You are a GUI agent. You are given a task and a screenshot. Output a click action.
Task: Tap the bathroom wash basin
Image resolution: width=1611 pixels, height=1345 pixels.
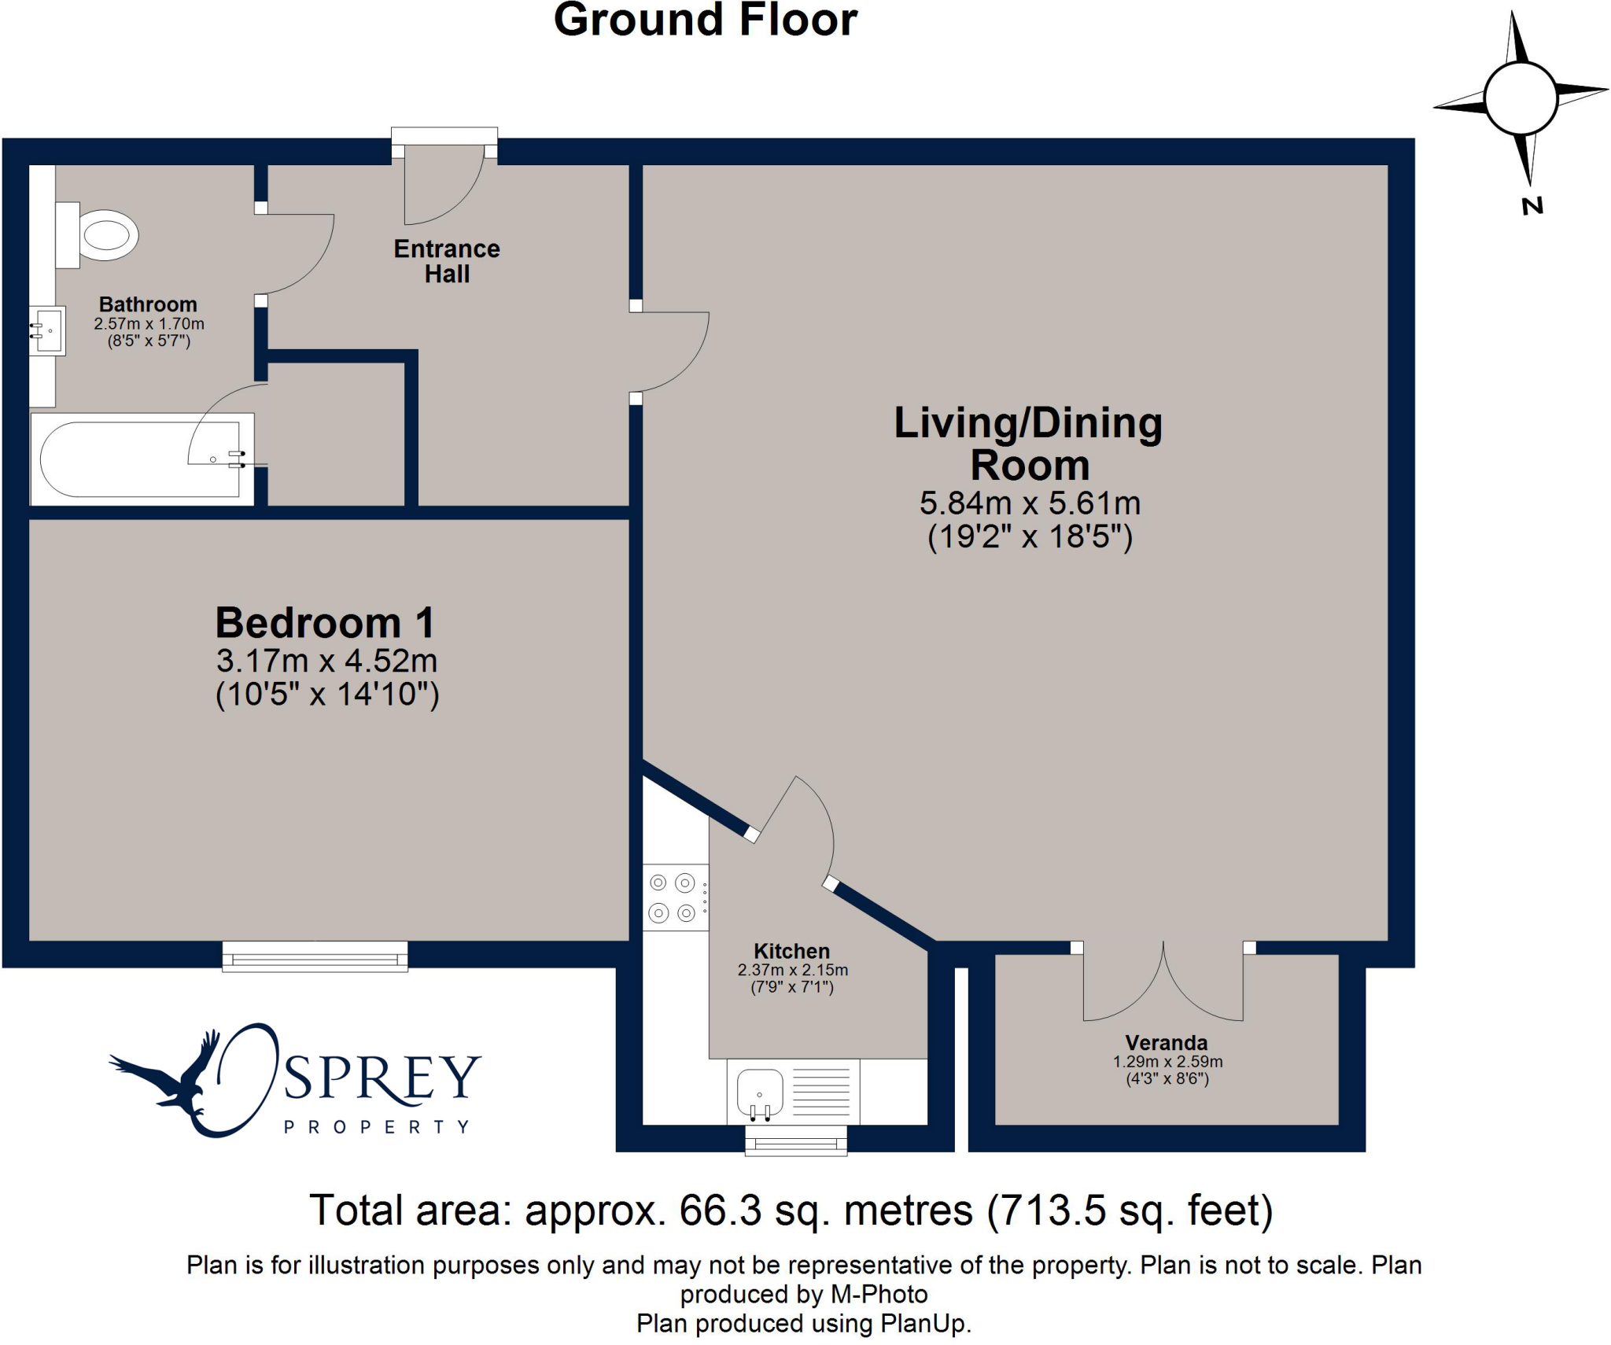coord(47,331)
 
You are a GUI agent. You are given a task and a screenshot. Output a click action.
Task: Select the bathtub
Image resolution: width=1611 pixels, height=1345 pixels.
coord(142,459)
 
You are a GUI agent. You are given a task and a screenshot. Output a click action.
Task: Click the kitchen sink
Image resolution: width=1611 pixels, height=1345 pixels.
coord(759,1093)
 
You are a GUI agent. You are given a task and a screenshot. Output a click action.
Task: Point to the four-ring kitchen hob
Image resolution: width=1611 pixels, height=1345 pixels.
coord(676,897)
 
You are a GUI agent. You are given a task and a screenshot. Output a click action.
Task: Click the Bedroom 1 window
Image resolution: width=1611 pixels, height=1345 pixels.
coord(315,956)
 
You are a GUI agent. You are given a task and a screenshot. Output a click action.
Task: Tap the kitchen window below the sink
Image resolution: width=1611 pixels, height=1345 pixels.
coord(796,1140)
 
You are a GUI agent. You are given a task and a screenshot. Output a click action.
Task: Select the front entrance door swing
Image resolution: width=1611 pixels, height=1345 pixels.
coord(444,185)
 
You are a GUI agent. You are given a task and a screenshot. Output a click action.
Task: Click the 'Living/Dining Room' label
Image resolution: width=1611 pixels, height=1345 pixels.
coord(1029,444)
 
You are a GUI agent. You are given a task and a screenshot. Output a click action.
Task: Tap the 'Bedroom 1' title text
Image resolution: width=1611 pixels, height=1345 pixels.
coord(325,623)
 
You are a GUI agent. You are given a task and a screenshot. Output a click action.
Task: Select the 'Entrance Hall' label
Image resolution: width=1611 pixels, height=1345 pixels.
coord(447,261)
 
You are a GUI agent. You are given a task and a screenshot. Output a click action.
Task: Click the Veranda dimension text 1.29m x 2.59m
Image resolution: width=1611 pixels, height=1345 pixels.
coord(1167,1061)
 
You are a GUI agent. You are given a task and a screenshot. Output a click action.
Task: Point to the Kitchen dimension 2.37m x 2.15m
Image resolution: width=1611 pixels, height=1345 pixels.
coord(792,970)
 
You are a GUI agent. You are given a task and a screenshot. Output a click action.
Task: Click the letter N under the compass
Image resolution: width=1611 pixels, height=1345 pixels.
coord(1532,206)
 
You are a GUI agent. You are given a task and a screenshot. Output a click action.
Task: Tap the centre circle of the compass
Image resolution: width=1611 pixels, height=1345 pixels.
coord(1521,99)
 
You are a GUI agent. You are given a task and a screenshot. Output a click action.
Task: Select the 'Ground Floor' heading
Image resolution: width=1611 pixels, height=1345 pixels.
coord(706,20)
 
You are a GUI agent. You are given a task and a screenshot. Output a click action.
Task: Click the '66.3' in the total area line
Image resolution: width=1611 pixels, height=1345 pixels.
coord(721,1210)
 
